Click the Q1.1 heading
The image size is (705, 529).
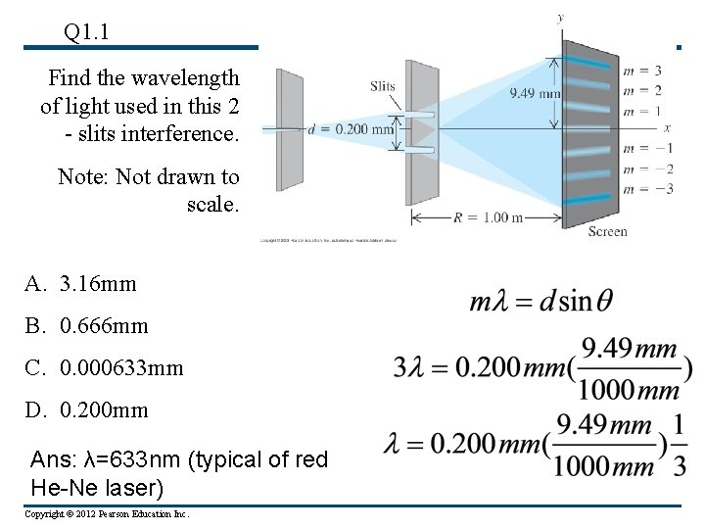(86, 32)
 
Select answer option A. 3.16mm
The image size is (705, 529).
(81, 284)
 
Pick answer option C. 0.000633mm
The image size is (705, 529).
(104, 367)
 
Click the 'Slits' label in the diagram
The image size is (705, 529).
(383, 86)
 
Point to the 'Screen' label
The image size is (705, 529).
(607, 231)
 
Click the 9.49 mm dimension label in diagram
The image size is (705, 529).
(535, 94)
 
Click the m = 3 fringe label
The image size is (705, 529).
(642, 71)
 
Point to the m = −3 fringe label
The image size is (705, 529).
(642, 189)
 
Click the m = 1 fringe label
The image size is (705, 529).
(642, 111)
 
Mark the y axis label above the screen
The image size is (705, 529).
(561, 18)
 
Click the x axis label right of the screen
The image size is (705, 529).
(667, 128)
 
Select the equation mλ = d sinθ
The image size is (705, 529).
(541, 300)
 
